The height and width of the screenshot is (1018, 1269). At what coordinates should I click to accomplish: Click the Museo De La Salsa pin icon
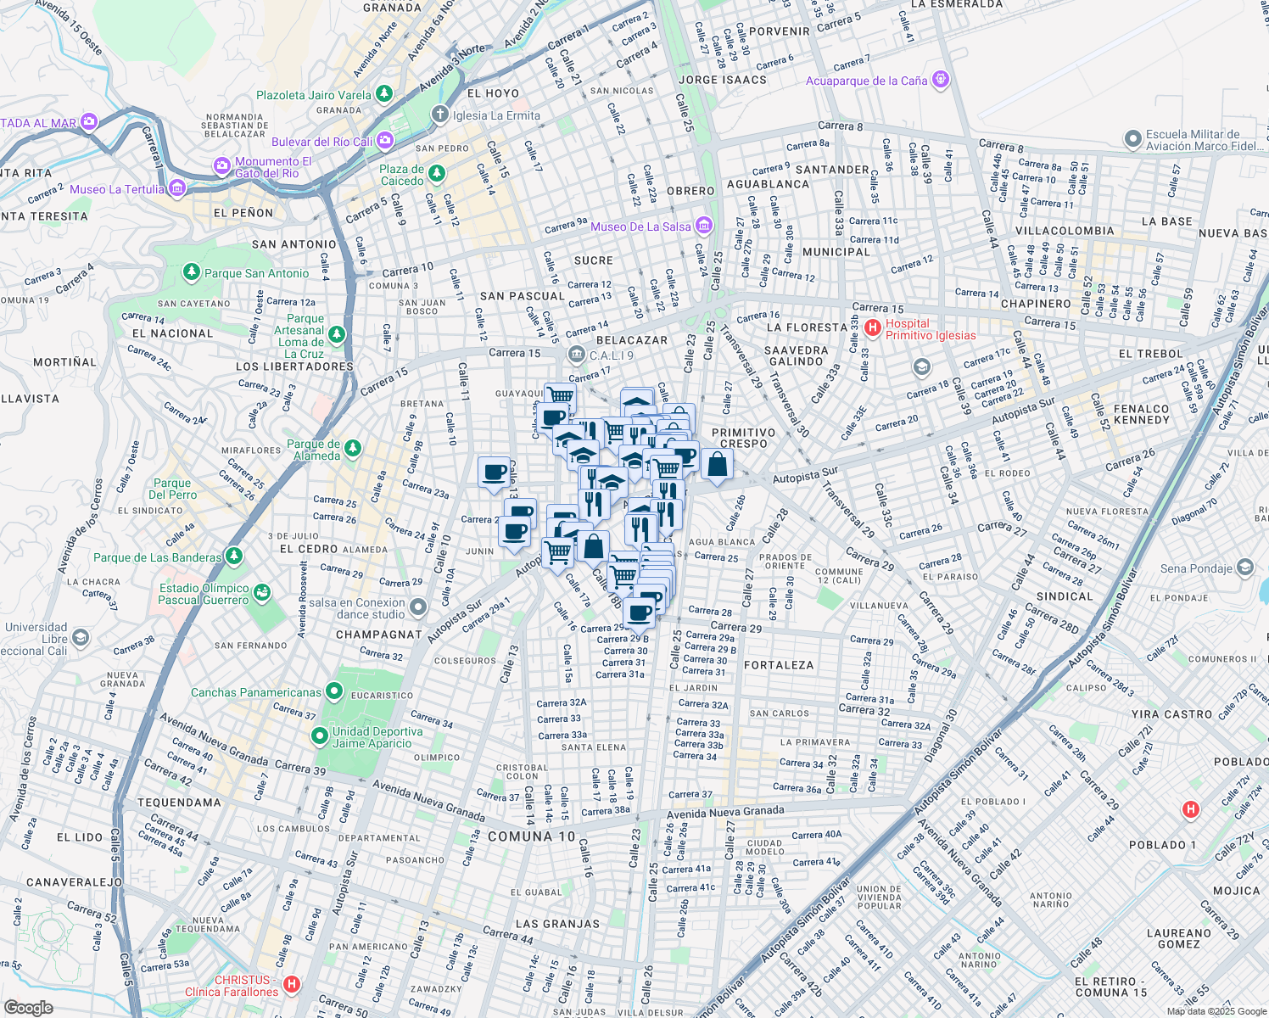703,226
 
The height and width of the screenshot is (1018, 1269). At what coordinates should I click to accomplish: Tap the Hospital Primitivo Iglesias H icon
871,327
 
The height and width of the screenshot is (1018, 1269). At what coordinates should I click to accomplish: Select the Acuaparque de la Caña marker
940,80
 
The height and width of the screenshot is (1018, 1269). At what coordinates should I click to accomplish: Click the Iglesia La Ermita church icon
439,115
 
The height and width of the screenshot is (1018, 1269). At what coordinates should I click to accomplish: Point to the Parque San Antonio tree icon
192,272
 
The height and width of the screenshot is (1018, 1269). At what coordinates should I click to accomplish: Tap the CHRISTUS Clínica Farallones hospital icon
292,984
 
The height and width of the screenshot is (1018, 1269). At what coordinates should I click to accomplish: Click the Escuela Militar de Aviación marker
1132,138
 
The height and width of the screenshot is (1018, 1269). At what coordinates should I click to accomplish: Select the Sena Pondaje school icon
1244,567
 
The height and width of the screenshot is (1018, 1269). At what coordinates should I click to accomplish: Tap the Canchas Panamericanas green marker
334,692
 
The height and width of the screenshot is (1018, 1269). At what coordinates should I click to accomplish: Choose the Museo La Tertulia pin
177,188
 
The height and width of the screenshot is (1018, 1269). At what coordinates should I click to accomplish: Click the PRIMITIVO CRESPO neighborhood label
743,438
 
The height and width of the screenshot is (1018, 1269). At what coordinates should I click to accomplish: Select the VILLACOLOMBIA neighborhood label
1065,231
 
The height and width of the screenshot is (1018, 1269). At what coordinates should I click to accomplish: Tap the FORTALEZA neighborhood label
778,665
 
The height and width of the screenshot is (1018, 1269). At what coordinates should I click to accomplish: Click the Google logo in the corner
28,1007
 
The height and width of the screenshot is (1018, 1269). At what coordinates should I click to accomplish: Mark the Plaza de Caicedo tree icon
436,174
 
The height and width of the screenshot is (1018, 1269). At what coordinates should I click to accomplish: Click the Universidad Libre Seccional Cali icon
80,637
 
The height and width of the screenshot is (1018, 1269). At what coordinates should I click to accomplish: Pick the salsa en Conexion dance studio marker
417,607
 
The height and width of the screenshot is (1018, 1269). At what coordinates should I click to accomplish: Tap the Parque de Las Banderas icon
233,557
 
